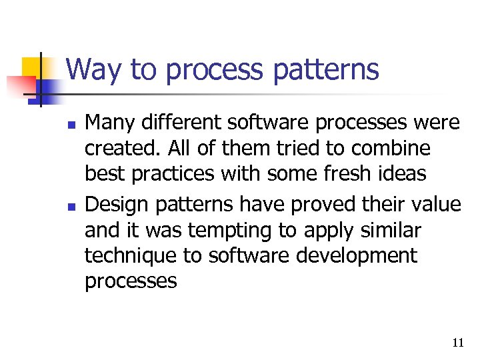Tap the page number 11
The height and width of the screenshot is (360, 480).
click(x=457, y=343)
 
